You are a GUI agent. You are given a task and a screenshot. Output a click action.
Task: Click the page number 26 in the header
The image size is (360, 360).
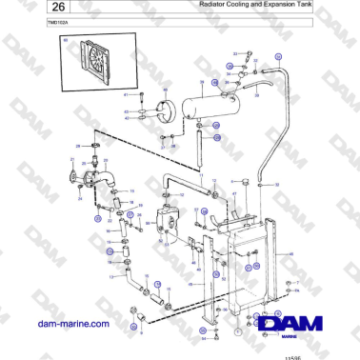[34, 8]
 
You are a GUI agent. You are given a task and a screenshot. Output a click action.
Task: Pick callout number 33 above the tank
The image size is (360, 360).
[234, 57]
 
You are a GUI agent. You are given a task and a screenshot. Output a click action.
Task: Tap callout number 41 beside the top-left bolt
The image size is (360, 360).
[126, 96]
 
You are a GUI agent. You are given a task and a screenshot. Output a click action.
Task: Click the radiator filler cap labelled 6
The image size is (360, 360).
[247, 179]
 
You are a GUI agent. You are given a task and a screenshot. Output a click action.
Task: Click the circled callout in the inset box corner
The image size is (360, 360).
[65, 41]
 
